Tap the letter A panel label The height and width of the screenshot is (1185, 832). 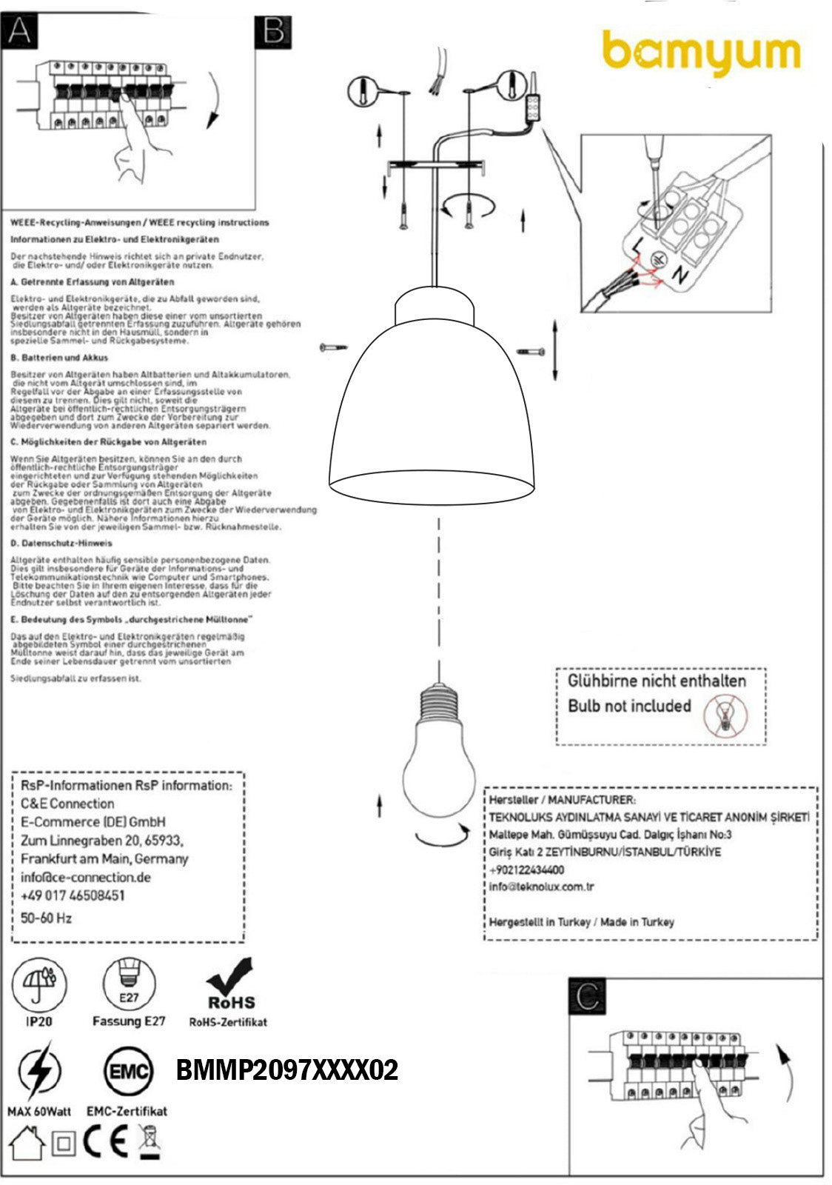[19, 32]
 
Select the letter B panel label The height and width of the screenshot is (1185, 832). [273, 32]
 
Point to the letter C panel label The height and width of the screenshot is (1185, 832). [587, 996]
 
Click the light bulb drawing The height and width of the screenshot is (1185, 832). [439, 755]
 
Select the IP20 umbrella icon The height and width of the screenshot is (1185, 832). [39, 984]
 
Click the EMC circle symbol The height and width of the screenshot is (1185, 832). [129, 1072]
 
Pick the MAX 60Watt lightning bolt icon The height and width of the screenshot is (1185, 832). [38, 1070]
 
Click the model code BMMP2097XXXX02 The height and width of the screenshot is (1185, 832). [287, 1070]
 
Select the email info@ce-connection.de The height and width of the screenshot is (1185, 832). [86, 878]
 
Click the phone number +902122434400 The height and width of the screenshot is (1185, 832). [526, 869]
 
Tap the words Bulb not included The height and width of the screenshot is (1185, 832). [629, 706]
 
